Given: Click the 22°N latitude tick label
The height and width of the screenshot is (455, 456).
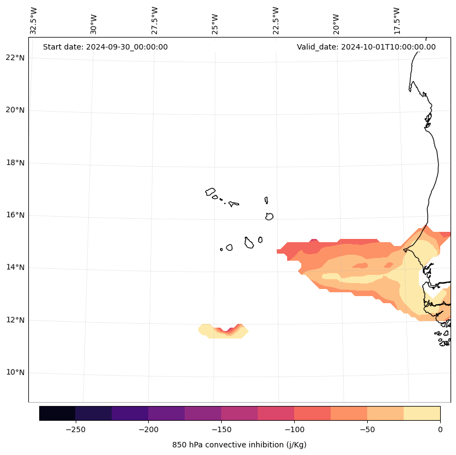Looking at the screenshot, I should coord(14,58).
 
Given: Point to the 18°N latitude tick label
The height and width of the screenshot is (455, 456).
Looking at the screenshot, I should coord(14,163).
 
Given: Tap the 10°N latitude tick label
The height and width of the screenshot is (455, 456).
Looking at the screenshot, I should coord(14,373).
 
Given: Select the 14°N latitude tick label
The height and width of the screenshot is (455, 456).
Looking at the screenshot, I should coord(14,268).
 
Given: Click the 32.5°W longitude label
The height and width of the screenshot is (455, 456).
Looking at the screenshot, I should coord(34,21).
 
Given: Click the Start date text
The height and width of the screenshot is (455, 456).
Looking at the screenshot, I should coord(105,47).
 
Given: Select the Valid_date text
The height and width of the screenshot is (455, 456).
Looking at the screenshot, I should coord(366,47).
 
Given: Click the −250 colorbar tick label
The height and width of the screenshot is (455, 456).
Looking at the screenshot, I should coord(75,429).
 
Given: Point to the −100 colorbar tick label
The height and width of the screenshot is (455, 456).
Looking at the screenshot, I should coord(294,429).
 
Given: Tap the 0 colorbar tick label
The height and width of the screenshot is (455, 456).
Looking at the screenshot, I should coord(440,429).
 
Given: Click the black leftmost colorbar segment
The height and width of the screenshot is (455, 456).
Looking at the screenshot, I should coord(57,413).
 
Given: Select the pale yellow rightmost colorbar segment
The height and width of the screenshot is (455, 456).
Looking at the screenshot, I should coord(422,413).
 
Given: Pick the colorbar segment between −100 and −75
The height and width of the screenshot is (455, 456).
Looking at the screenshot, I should coord(312,413).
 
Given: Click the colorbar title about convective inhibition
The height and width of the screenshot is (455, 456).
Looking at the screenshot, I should coord(239,445).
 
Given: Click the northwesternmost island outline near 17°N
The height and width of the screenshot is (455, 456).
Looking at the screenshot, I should coord(210,192).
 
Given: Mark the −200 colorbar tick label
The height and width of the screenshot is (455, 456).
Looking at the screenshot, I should coord(148,429).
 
